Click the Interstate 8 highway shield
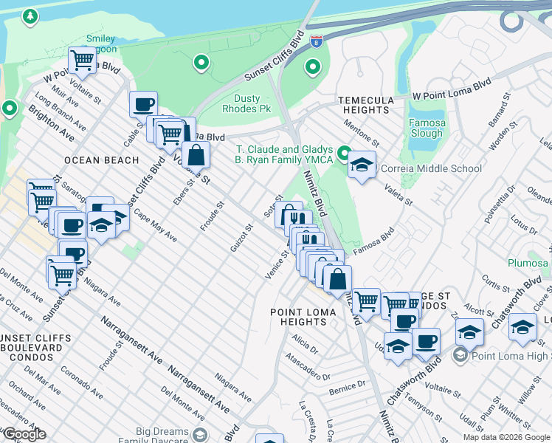point(316,42)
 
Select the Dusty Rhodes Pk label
point(247,103)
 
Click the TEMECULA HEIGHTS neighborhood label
point(363,105)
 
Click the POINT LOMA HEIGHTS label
point(303,317)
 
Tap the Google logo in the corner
point(24,434)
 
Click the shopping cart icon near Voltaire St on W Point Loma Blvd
point(83,60)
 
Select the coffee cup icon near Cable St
point(143,103)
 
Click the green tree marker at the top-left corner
point(30,16)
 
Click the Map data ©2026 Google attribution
point(506,437)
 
